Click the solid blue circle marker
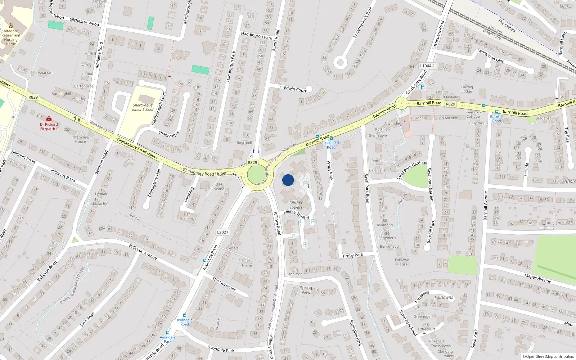[288, 180]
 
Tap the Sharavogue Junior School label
[143, 107]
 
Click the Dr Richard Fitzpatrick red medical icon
[49, 118]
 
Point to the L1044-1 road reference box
[427, 66]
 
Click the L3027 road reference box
[222, 232]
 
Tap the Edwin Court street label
[295, 89]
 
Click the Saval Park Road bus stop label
[331, 145]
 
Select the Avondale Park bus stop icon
[167, 333]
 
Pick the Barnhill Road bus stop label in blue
[496, 119]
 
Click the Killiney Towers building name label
[296, 204]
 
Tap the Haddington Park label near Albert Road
[257, 36]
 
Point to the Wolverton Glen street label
[491, 56]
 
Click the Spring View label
[306, 290]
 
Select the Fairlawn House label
[402, 262]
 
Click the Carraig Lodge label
[467, 89]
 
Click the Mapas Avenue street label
[538, 278]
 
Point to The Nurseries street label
[224, 284]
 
